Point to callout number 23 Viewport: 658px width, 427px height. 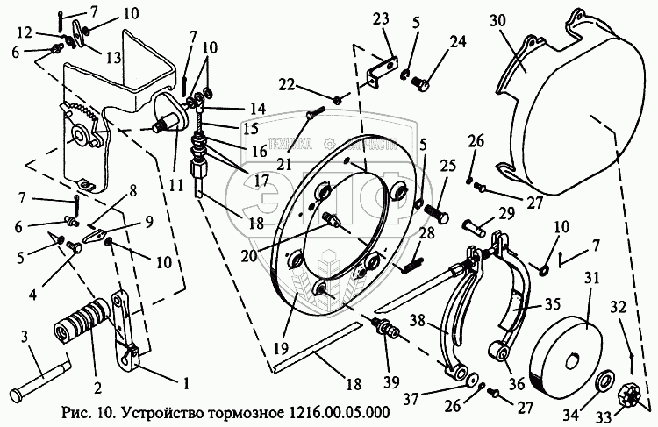point(379,21)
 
